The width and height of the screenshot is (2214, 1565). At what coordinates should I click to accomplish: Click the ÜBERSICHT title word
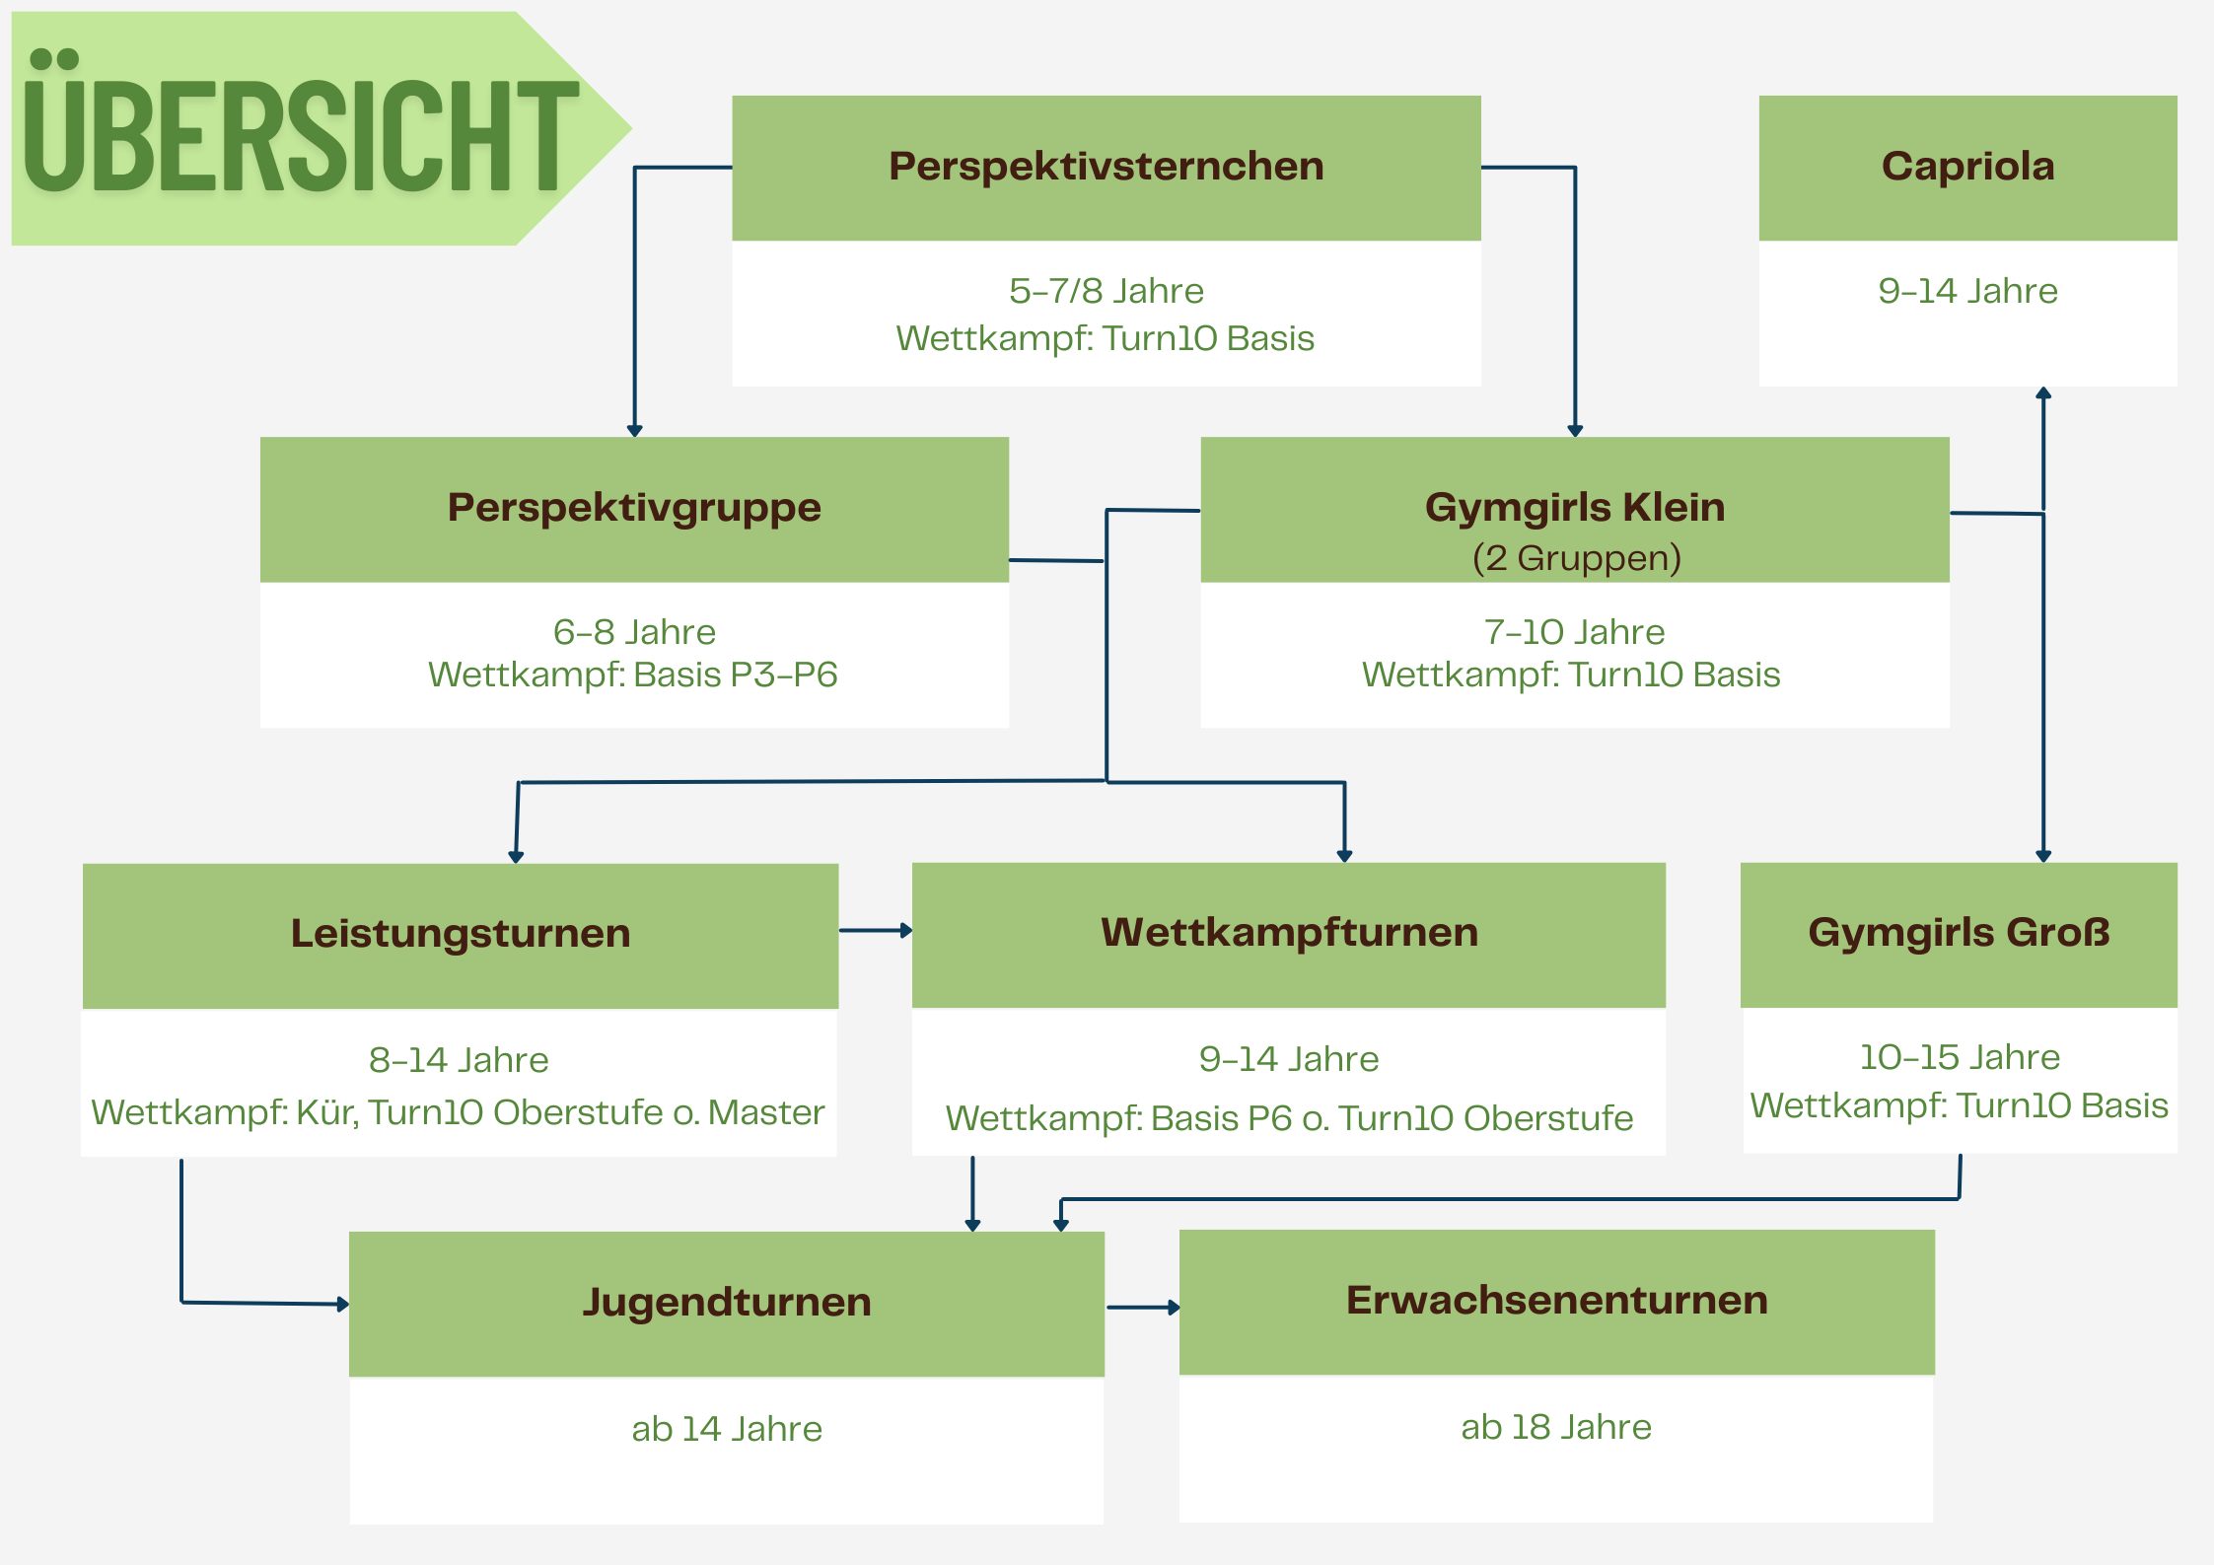click(301, 133)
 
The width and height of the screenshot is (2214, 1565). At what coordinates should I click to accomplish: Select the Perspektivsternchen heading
click(1106, 167)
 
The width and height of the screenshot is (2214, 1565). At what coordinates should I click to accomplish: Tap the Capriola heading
click(1967, 167)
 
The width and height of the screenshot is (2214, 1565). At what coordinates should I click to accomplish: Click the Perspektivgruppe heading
click(634, 508)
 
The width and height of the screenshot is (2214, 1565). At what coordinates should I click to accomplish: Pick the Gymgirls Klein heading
click(1574, 508)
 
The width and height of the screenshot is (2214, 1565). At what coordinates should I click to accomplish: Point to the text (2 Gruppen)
click(1576, 558)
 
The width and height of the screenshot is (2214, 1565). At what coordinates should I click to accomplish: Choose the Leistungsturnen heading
click(461, 933)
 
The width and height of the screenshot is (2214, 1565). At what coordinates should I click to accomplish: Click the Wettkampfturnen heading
click(1289, 933)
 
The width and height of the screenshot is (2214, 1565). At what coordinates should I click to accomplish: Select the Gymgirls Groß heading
click(1959, 933)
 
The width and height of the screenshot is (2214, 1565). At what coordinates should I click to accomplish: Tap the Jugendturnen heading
click(727, 1302)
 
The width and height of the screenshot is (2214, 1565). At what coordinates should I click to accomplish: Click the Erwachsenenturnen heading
click(1556, 1301)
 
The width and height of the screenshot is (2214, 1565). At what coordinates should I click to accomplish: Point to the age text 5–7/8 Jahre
click(1106, 291)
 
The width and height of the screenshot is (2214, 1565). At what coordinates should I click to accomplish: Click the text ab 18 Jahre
click(1555, 1427)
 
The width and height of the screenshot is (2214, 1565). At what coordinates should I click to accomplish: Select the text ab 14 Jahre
click(727, 1429)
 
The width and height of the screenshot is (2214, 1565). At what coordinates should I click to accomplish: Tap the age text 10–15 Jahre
click(1959, 1057)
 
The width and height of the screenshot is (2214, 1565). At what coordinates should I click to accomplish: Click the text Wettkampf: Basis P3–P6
click(633, 675)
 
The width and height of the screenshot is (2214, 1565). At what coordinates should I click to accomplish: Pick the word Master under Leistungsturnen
click(765, 1112)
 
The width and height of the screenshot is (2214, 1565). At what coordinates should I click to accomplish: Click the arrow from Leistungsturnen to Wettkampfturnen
click(875, 930)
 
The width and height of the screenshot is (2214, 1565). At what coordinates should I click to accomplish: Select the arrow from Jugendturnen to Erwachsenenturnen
click(1142, 1308)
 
